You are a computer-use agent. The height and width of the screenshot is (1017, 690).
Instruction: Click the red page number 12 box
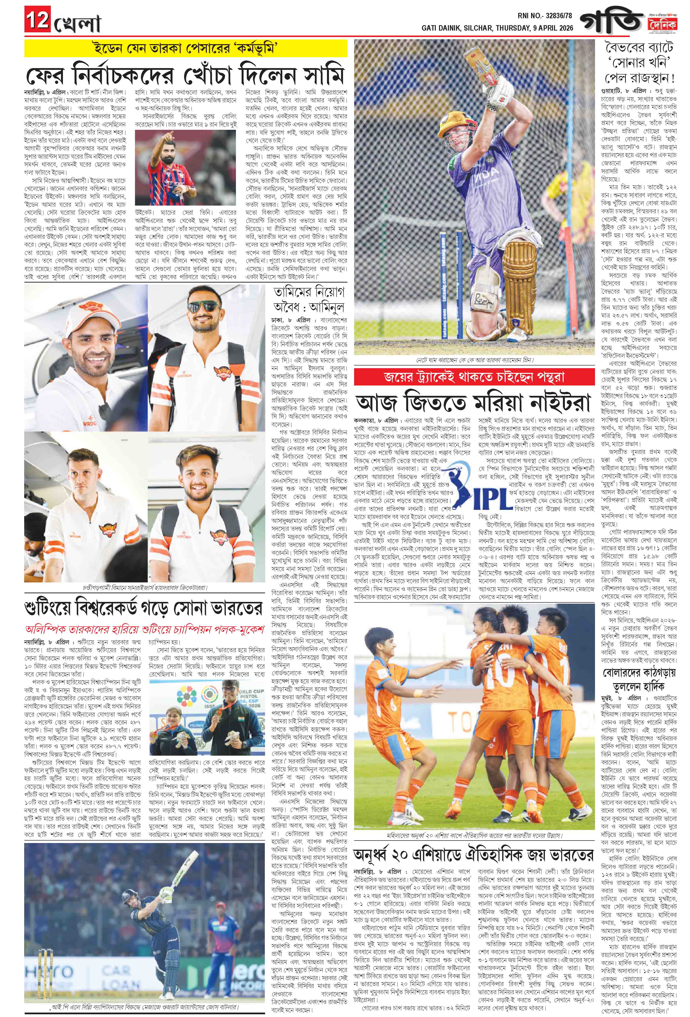pos(37,20)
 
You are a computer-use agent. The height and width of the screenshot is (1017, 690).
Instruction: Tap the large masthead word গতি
pos(611,21)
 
